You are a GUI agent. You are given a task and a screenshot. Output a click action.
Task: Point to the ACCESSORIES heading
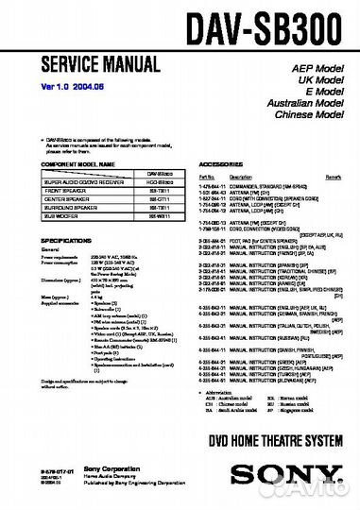pyautogui.click(x=223, y=163)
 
